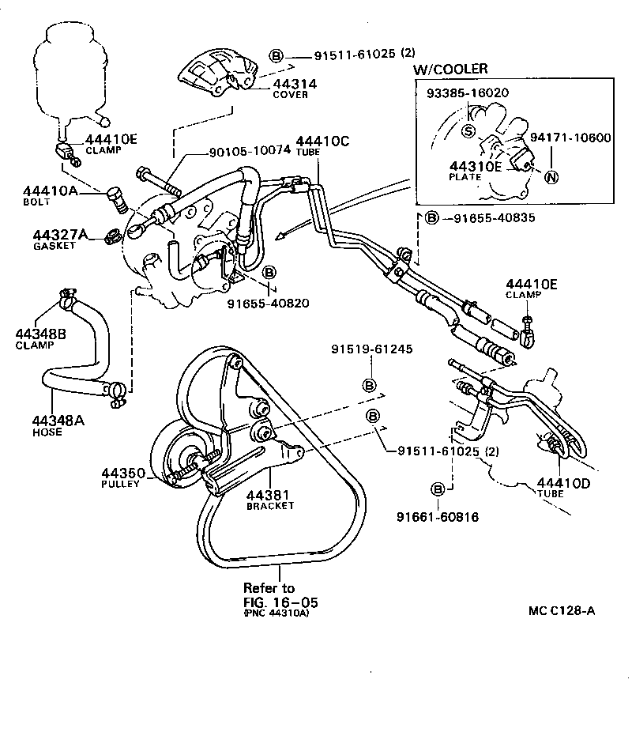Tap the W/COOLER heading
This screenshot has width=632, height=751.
point(451,69)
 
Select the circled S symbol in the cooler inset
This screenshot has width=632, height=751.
point(468,132)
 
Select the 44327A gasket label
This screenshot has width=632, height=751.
point(59,235)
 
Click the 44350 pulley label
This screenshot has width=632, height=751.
point(122,474)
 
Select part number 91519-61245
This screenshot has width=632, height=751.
point(371,349)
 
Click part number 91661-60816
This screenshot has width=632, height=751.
point(438,517)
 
